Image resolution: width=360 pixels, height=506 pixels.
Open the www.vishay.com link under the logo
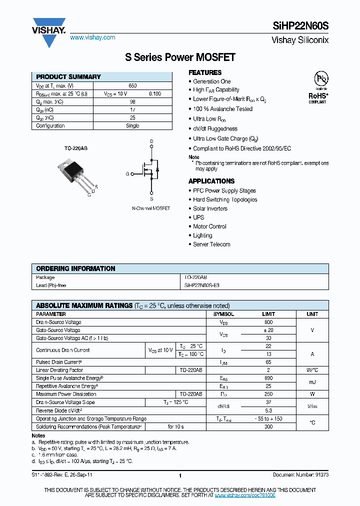click(92, 37)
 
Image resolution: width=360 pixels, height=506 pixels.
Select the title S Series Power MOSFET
click(180, 57)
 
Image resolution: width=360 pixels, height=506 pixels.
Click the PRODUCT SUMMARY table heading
click(68, 77)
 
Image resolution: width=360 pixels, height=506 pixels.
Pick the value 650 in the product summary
click(132, 86)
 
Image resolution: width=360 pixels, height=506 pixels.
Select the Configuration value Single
click(132, 126)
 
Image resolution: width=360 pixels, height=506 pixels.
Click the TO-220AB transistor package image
click(76, 173)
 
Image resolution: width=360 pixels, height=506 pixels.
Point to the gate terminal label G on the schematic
click(127, 174)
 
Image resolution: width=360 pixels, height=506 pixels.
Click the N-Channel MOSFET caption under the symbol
click(151, 208)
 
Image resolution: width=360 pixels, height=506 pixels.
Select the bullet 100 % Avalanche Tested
click(222, 109)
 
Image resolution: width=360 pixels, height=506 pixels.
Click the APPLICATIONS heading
click(211, 181)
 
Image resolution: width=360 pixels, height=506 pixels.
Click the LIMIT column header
click(268, 314)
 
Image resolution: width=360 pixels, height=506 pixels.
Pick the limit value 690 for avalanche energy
click(268, 378)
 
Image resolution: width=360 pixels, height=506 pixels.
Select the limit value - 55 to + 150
click(268, 418)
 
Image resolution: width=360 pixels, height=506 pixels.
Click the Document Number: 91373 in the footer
click(300, 474)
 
